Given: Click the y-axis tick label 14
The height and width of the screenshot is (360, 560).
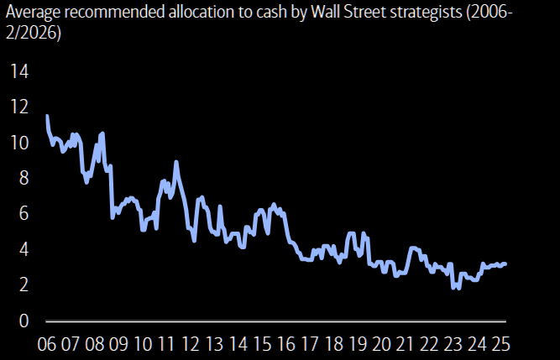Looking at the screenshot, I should pos(18,71).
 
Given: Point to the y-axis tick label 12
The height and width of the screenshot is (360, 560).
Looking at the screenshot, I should pos(18,107).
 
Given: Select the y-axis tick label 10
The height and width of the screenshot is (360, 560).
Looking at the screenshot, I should pos(18,143).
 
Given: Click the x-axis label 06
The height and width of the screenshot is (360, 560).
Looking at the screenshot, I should pos(46,345).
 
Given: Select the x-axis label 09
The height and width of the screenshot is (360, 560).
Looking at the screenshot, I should pos(118,345).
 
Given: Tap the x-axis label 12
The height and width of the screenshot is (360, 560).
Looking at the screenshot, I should pos(191,345).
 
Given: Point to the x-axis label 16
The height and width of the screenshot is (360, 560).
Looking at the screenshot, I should pos(286,345).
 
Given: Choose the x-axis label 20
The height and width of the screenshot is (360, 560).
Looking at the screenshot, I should pos(382,345).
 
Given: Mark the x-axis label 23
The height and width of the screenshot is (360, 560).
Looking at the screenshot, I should pos(453,345).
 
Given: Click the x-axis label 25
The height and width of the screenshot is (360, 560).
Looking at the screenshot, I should pos(501,345).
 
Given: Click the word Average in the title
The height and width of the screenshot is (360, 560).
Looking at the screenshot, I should pos(34,14).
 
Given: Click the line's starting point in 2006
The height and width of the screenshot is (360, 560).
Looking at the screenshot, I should pos(46,116).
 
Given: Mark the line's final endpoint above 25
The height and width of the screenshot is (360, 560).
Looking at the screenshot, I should pos(505,263).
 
